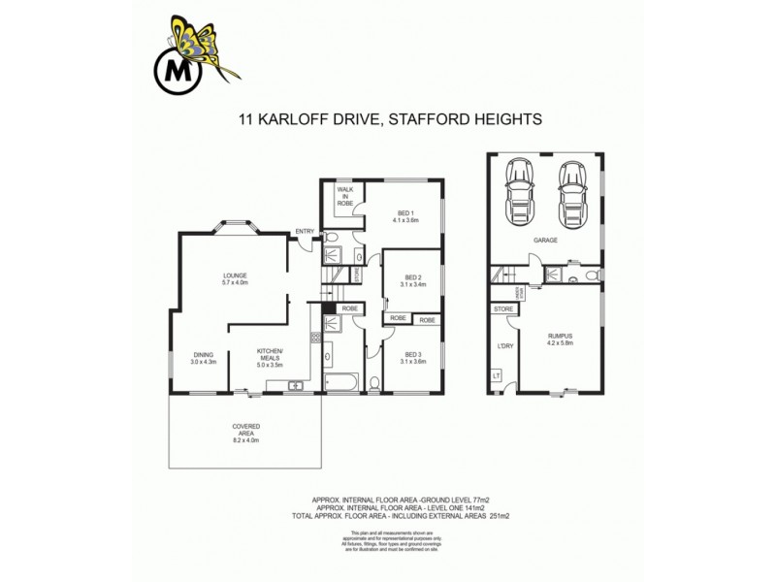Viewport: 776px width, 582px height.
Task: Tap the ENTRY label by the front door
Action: click(306, 230)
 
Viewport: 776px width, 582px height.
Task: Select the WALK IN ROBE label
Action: click(344, 197)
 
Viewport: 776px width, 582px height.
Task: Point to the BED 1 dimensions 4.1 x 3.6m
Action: click(405, 219)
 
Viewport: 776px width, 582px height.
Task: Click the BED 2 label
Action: click(413, 278)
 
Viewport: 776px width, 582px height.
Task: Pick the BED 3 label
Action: click(414, 355)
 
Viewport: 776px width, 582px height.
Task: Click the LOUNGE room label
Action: click(234, 275)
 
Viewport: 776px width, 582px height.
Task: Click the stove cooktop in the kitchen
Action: click(316, 339)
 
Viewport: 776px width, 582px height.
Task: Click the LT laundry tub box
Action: click(497, 375)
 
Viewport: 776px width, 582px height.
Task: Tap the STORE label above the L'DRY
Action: click(503, 309)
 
